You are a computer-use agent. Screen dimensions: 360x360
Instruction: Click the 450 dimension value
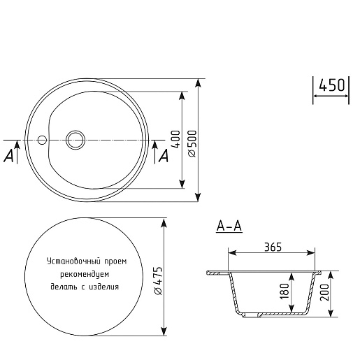coord(332,85)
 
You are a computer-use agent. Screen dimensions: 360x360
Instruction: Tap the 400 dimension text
coord(176,139)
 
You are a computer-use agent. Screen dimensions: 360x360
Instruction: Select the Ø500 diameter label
coord(192,144)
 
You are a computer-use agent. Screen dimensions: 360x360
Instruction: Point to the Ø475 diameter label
coord(157,281)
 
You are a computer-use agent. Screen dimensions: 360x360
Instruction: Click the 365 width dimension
coord(273,247)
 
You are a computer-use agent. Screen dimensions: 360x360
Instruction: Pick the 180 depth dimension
coord(285,291)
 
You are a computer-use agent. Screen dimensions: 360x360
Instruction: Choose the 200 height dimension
coord(324,293)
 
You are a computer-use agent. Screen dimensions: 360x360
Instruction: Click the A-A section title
coord(229,226)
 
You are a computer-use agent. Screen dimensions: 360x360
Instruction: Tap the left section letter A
coord(9,156)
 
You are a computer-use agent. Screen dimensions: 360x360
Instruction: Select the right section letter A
coord(164,156)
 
